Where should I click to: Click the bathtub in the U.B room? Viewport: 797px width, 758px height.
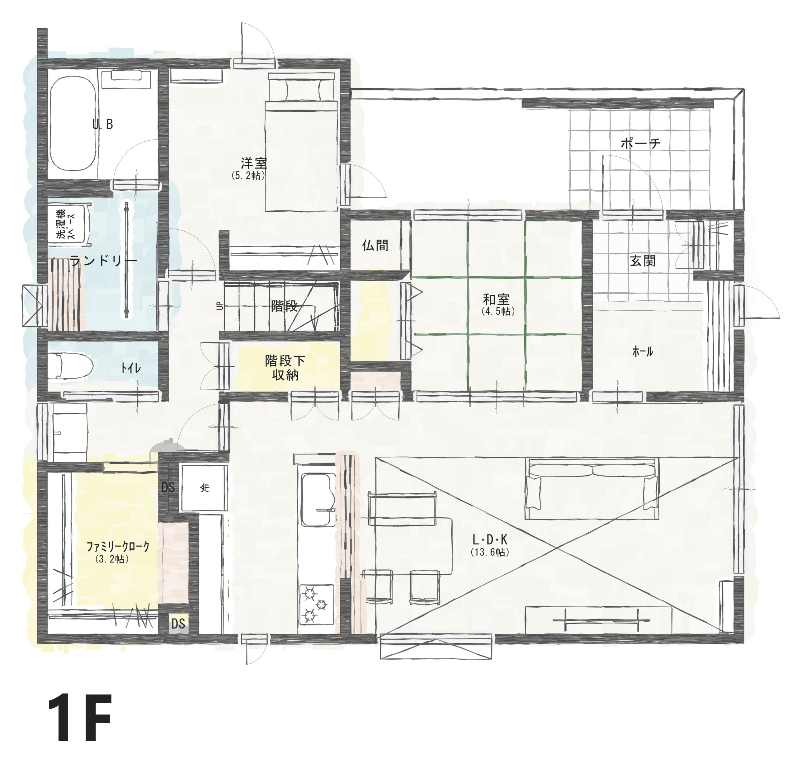[x=73, y=124]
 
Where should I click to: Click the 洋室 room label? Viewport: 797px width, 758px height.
[x=254, y=163]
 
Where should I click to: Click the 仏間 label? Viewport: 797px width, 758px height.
[x=375, y=245]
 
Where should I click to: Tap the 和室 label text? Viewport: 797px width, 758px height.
[x=496, y=299]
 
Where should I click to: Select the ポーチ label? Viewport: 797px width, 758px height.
[x=641, y=143]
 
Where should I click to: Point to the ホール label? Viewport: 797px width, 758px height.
[x=643, y=351]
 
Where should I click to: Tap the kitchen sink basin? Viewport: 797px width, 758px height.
[x=318, y=499]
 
